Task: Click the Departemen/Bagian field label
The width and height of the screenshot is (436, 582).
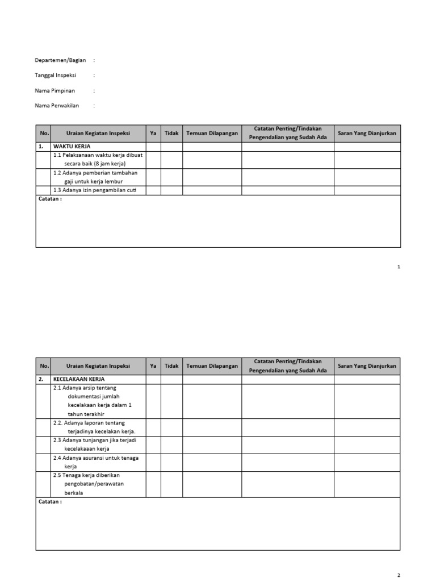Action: point(60,60)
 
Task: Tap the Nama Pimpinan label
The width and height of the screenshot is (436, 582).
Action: point(55,90)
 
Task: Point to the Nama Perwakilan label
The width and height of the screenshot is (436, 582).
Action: point(57,105)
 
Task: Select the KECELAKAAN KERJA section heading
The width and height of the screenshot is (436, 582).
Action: point(79,379)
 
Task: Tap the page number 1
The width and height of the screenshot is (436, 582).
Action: point(399,267)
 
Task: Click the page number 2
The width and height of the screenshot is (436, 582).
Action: point(399,575)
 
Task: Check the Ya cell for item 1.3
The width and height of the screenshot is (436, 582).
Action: point(153,190)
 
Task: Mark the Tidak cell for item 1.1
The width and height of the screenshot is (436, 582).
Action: point(171,160)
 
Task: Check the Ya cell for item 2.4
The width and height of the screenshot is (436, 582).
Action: point(153,462)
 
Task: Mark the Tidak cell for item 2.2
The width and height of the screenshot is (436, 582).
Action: point(171,427)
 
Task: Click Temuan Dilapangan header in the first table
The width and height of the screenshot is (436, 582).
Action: point(212,134)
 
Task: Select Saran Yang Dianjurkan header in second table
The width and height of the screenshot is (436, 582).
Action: point(367,366)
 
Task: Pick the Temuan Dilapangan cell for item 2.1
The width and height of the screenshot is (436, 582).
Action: point(212,401)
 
